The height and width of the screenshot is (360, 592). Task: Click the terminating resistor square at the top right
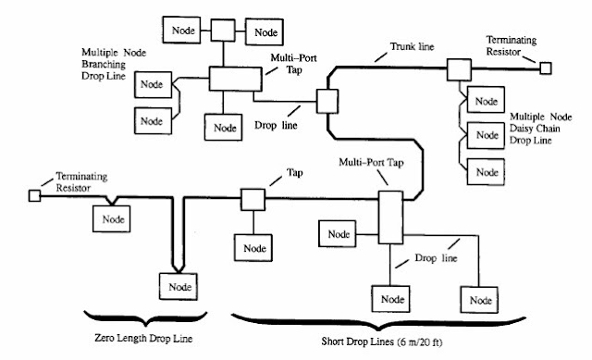pos(547,68)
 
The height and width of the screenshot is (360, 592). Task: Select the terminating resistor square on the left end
pos(34,196)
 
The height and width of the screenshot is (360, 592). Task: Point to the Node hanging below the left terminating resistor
pos(111,218)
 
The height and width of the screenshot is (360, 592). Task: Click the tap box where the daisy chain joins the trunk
pos(458,68)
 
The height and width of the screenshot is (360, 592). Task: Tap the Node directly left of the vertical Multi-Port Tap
pos(336,233)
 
